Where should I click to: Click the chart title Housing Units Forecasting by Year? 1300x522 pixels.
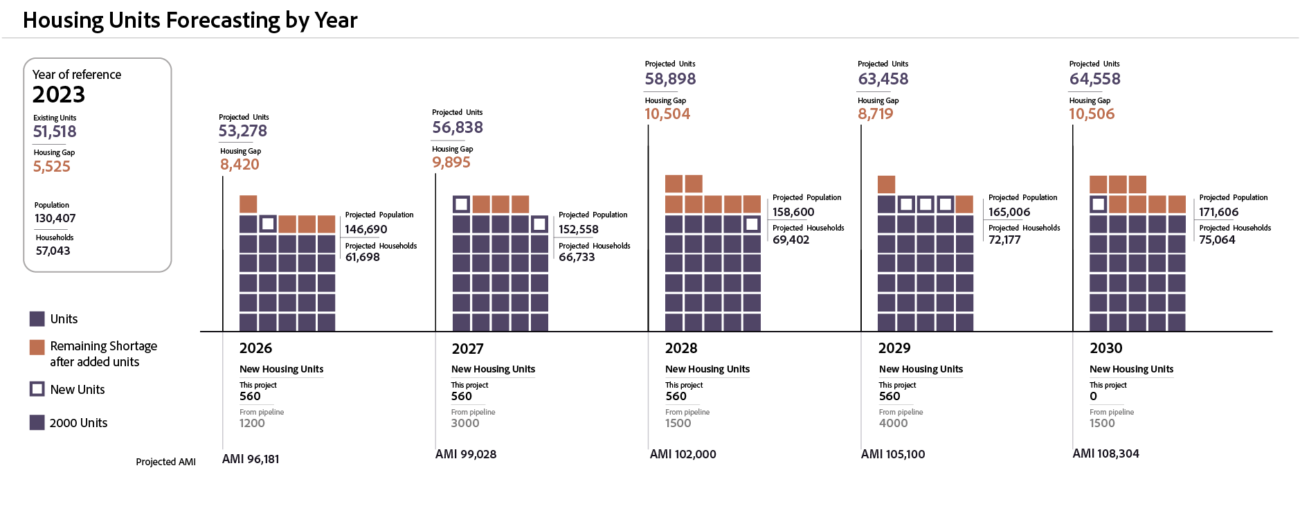click(x=190, y=21)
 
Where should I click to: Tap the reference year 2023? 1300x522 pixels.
click(x=59, y=95)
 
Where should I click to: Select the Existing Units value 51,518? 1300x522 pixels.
click(x=55, y=132)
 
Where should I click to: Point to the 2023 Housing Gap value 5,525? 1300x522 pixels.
click(x=52, y=167)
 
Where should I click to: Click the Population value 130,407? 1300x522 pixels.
click(x=55, y=219)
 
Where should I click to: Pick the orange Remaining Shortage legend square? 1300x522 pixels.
click(x=37, y=347)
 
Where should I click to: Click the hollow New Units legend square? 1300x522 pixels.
click(x=37, y=389)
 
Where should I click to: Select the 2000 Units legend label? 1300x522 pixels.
click(x=78, y=423)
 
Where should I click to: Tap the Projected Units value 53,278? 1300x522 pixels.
click(x=243, y=131)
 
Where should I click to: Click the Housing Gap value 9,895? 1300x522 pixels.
click(x=451, y=163)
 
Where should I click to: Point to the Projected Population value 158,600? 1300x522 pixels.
click(x=793, y=213)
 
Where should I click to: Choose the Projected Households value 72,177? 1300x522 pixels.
click(x=1004, y=240)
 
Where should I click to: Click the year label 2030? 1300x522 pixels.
click(x=1106, y=348)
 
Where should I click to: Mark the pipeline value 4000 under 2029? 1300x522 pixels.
click(x=893, y=423)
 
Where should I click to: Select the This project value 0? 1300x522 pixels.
click(x=1094, y=397)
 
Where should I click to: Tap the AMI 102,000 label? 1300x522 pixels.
click(x=683, y=454)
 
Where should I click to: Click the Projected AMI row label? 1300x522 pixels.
click(x=165, y=462)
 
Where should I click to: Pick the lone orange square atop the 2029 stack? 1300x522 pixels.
click(x=886, y=184)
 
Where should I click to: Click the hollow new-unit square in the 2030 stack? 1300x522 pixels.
click(x=1098, y=204)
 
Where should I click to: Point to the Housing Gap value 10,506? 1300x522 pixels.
click(x=1092, y=114)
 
